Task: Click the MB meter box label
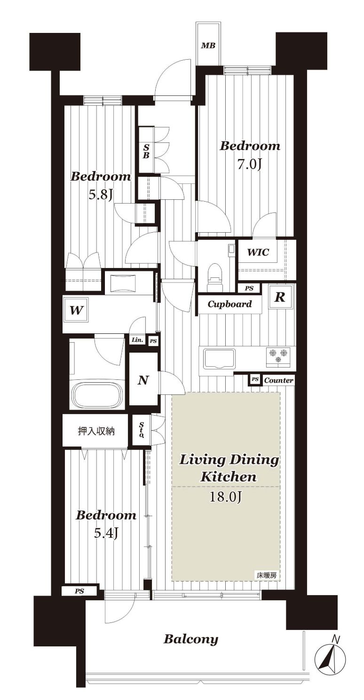click(208, 46)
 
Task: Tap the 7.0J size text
click(249, 165)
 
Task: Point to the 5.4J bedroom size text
click(106, 534)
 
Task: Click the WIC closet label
click(258, 252)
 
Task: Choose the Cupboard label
click(229, 304)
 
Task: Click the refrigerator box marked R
click(280, 297)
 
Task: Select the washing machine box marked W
click(76, 310)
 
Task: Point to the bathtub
click(97, 394)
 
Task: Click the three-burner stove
click(278, 356)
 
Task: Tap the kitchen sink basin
click(220, 358)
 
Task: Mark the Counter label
click(278, 380)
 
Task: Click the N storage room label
click(143, 380)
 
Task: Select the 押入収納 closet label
click(96, 431)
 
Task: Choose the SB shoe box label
click(146, 150)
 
